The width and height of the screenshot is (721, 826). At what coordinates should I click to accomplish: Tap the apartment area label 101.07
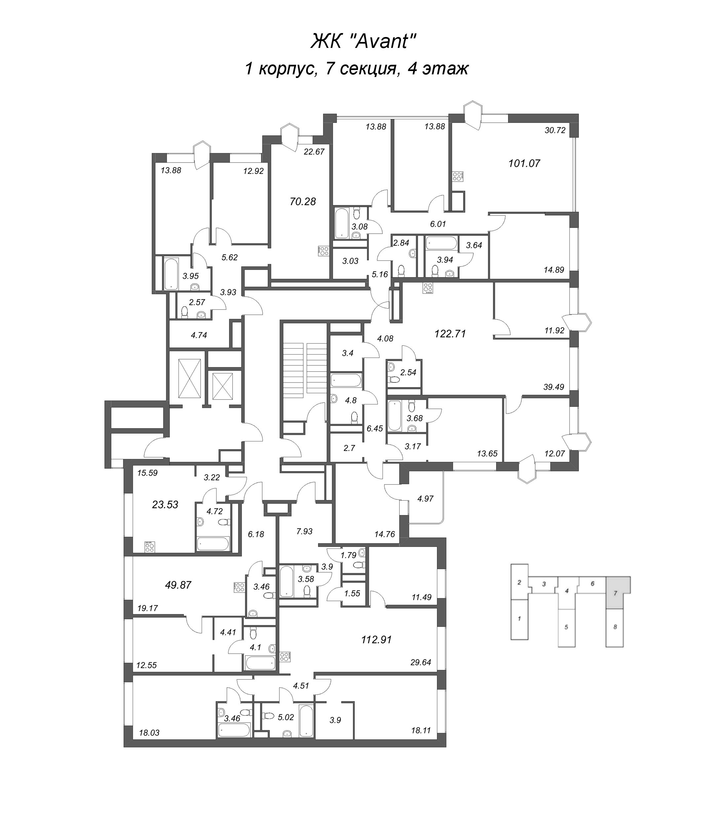pyautogui.click(x=524, y=163)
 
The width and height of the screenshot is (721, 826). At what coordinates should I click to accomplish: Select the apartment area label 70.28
pyautogui.click(x=302, y=202)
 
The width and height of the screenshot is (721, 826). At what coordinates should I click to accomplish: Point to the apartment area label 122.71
pyautogui.click(x=450, y=333)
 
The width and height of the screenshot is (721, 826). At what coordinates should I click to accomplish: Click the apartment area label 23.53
pyautogui.click(x=165, y=504)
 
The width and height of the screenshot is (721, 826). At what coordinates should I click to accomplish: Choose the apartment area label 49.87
pyautogui.click(x=178, y=585)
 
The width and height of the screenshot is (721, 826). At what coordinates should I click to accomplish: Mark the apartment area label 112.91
pyautogui.click(x=376, y=639)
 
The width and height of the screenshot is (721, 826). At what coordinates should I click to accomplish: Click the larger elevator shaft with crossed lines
pyautogui.click(x=189, y=378)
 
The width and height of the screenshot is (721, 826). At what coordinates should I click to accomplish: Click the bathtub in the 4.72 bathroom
pyautogui.click(x=213, y=544)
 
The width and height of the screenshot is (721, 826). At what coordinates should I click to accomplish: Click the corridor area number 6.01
pyautogui.click(x=438, y=224)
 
